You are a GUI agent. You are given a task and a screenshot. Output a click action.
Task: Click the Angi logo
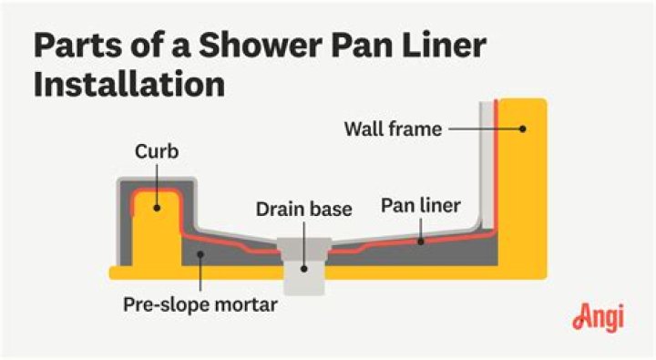click(599, 317)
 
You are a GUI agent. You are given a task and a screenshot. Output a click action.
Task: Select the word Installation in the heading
click(129, 84)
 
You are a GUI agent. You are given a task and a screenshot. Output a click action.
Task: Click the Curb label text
click(157, 151)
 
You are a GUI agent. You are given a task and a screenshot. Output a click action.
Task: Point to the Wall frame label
click(393, 129)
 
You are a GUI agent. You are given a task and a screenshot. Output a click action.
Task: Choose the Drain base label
click(303, 209)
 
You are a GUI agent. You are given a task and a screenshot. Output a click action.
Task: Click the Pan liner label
click(420, 205)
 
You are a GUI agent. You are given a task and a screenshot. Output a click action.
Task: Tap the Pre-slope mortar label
click(200, 304)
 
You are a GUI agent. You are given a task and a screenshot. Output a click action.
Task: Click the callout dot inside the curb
click(157, 208)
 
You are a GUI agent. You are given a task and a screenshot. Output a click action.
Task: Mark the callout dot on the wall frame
click(523, 129)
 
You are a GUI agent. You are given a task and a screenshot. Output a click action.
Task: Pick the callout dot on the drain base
click(304, 269)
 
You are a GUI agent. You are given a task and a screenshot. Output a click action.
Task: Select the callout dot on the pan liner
click(421, 242)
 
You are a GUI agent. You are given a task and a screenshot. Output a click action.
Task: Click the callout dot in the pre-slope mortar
click(200, 254)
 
